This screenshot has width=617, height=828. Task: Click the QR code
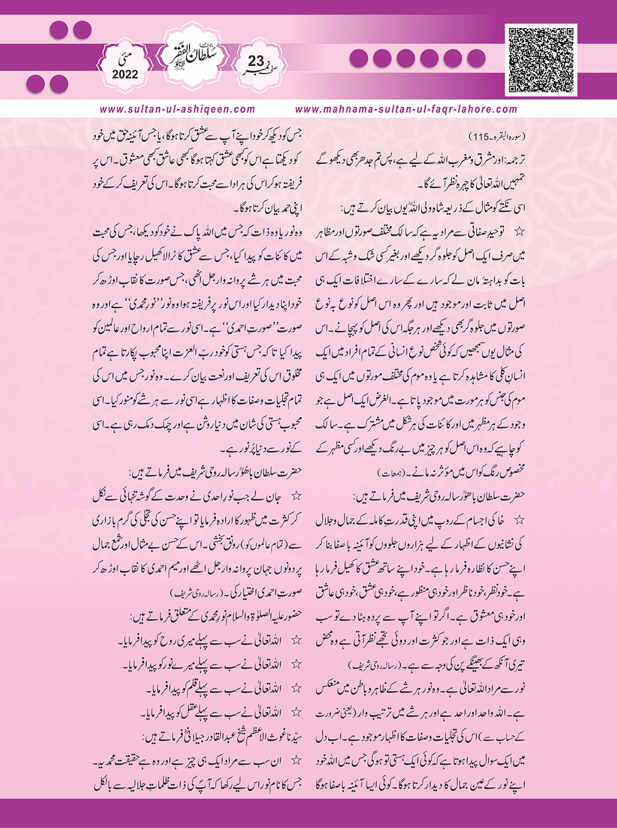coord(541,60)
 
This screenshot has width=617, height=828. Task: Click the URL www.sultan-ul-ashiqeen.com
coord(177,109)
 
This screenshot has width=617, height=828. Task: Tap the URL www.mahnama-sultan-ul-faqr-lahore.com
coord(406,109)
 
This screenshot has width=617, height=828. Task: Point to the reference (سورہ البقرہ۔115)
coord(498,137)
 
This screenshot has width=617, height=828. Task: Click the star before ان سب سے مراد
coord(296,761)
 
